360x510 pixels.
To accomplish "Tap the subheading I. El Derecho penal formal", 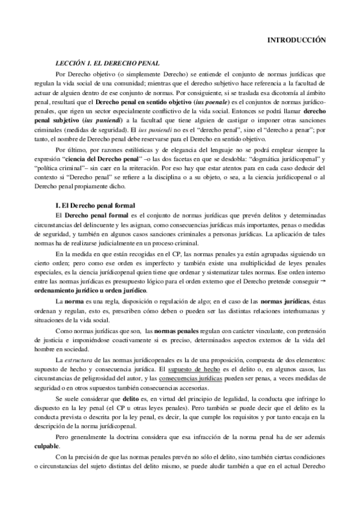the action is [94, 206].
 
